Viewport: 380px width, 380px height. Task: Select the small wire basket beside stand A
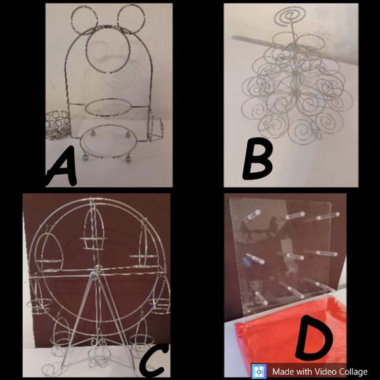(x=57, y=125)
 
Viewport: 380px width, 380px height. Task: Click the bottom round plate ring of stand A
(x=80, y=143)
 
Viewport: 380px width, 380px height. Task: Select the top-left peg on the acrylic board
(x=251, y=216)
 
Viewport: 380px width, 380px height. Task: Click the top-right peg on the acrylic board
(x=327, y=216)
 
